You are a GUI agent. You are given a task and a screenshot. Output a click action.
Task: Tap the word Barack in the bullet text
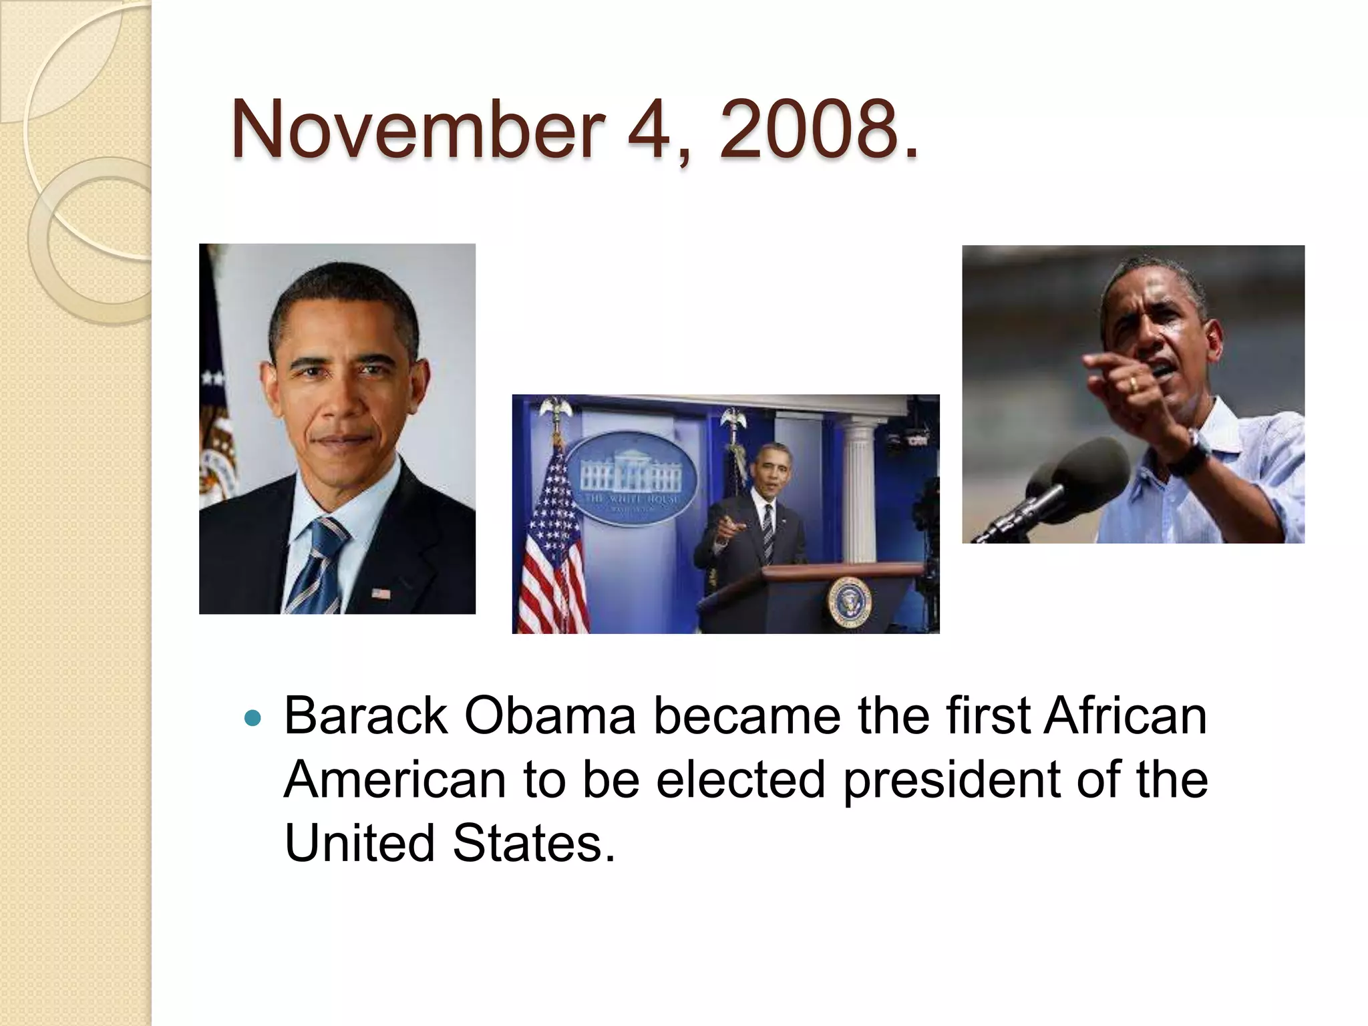tap(365, 716)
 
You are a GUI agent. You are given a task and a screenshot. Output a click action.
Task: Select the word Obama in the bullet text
tap(549, 716)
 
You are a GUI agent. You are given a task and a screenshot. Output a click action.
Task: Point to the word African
tap(1125, 716)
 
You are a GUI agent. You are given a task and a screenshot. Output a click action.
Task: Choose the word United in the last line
tap(359, 843)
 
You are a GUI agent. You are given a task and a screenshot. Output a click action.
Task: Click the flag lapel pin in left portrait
tap(380, 592)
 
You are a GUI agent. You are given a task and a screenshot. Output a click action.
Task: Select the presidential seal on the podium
tap(849, 602)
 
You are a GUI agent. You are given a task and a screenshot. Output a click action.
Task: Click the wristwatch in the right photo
tap(1189, 453)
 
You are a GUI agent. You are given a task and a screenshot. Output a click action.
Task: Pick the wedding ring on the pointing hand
tap(1133, 383)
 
